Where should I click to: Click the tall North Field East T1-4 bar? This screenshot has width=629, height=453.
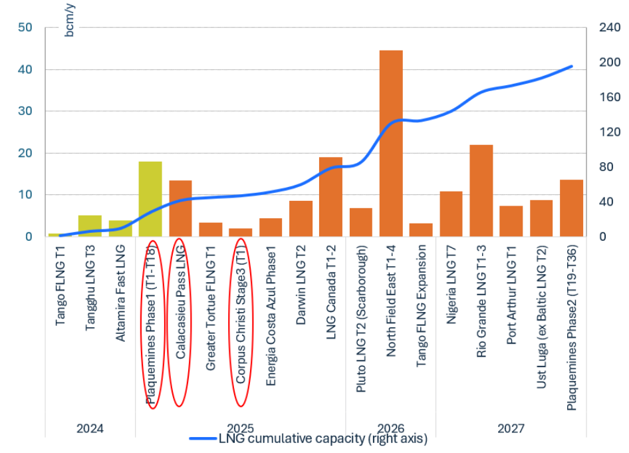391,143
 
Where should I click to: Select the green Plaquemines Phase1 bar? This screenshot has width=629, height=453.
150,199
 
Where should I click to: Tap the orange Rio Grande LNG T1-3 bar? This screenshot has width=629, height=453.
481,190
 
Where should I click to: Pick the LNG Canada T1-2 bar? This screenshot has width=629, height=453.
330,197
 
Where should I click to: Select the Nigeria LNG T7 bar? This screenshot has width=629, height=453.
451,214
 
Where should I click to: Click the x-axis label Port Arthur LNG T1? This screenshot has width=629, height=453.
511,295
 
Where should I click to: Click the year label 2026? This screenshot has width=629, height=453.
391,428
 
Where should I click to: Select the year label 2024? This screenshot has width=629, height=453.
90,428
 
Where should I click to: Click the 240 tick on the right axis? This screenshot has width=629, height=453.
608,28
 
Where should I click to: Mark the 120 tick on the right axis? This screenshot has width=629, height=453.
608,132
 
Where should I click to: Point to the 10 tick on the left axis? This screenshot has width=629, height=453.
26,195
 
